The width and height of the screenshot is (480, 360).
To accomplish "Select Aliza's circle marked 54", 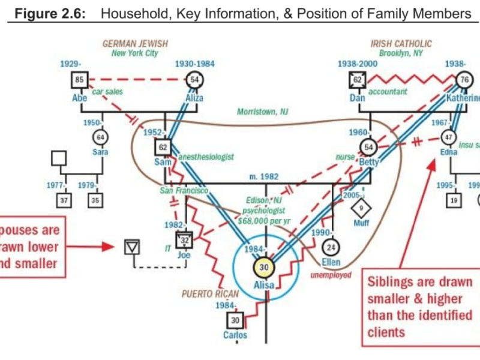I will click(194, 79).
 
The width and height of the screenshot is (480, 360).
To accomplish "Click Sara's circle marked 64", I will click(103, 136).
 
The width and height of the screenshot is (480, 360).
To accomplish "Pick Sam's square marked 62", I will click(163, 147).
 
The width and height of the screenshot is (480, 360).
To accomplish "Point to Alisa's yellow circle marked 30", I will click(264, 268).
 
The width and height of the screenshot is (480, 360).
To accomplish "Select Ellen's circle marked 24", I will click(330, 247).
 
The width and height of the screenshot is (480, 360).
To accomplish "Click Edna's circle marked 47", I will click(448, 137).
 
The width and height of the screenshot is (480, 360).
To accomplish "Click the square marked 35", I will click(95, 200).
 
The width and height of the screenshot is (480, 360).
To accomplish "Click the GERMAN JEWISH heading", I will click(135, 44).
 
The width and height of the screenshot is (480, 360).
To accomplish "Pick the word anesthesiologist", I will click(206, 157).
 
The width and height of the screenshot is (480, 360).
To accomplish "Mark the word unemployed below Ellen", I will click(330, 275).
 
